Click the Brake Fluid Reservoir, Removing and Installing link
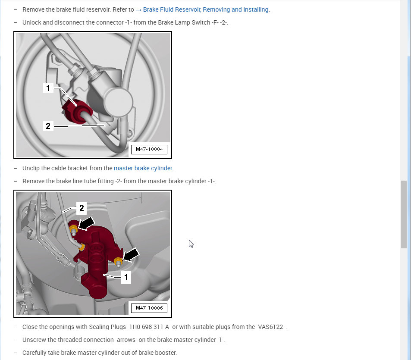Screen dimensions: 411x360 202,9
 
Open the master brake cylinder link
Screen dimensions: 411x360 143,168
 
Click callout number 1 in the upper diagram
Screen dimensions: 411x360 48,88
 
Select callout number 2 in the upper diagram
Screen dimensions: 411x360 48,126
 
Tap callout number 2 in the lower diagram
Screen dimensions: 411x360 82,208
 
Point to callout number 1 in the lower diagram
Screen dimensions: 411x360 126,277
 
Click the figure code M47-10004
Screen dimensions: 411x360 149,149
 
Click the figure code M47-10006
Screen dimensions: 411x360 149,308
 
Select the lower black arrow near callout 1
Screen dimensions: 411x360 131,255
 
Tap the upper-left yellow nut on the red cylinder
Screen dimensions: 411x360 73,230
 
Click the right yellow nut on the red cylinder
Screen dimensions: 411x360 118,262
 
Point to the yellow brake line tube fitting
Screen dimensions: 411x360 82,247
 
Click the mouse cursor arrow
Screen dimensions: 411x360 191,244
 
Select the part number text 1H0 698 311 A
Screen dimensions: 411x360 149,327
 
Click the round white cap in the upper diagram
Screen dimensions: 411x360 118,102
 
